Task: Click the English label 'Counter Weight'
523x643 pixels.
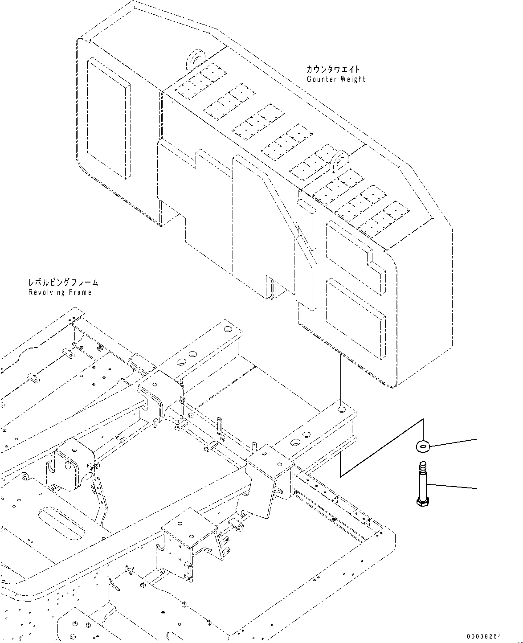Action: point(336,79)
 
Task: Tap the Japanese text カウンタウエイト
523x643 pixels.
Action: point(333,70)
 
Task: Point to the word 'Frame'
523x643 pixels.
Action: point(81,292)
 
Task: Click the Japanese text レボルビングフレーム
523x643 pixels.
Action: point(63,283)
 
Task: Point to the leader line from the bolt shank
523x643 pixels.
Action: point(452,486)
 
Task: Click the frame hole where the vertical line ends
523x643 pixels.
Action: point(342,409)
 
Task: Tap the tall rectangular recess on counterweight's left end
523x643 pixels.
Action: point(109,118)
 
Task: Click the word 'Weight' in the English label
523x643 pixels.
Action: point(351,79)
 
